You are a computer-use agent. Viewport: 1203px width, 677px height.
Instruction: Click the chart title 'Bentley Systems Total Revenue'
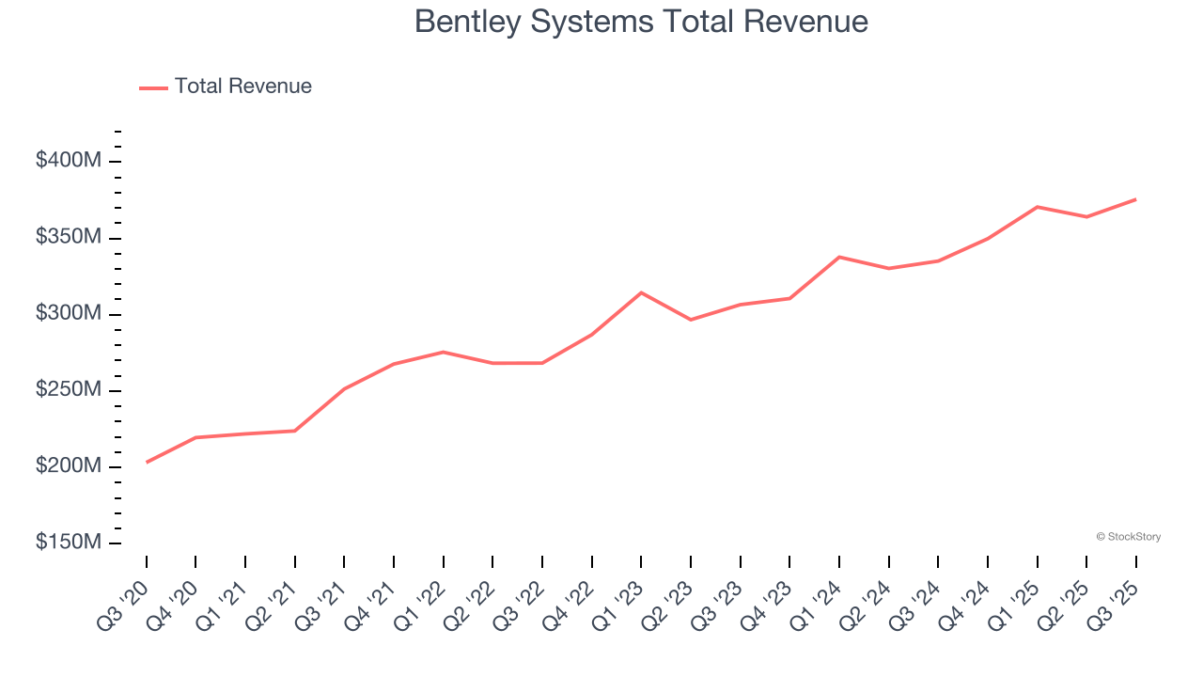(x=641, y=22)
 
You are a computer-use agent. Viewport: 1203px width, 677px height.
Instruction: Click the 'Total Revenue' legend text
(x=242, y=87)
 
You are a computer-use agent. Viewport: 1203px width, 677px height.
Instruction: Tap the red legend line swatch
(x=153, y=87)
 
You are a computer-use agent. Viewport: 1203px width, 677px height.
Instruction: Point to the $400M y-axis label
(x=68, y=161)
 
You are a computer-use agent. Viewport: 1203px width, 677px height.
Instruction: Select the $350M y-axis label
(x=68, y=237)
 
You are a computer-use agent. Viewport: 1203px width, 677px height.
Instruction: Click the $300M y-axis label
(x=68, y=313)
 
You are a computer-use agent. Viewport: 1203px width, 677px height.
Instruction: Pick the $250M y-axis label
(x=68, y=390)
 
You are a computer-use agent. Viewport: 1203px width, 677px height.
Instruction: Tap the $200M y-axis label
(x=68, y=466)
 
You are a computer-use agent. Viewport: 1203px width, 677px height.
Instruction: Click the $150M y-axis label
(x=68, y=543)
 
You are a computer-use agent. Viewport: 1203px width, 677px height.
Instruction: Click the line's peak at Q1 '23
(x=641, y=292)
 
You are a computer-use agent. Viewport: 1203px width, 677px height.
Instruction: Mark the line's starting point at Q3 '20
(x=147, y=462)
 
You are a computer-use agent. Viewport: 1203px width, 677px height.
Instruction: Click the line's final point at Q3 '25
(x=1135, y=199)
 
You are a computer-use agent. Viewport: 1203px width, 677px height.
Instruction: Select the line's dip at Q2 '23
(x=691, y=320)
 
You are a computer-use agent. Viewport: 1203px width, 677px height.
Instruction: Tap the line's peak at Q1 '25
(x=1037, y=207)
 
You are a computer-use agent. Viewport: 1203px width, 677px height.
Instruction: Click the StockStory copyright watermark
(x=1128, y=537)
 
